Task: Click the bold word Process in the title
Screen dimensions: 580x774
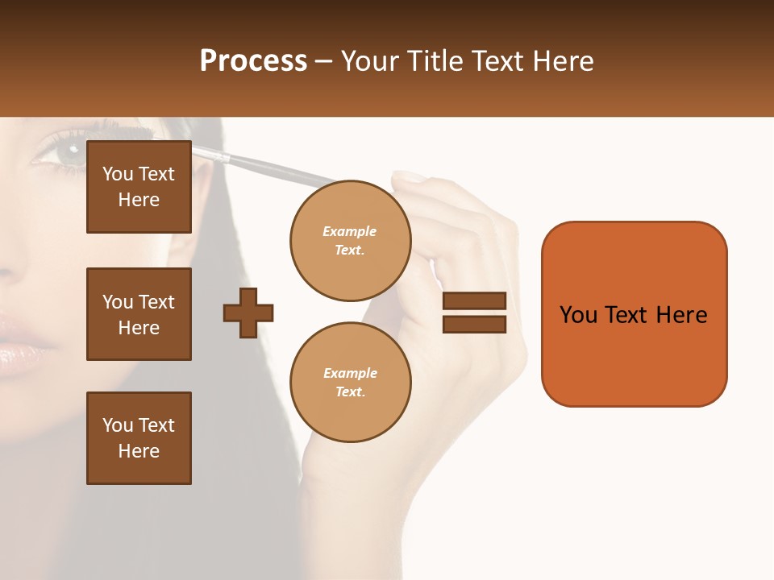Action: [253, 60]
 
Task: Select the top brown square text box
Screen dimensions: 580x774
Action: [139, 187]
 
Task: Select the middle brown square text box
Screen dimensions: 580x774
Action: [139, 314]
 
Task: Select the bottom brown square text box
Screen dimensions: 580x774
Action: [139, 437]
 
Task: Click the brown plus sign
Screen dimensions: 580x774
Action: [248, 313]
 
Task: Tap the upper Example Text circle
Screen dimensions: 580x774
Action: [350, 241]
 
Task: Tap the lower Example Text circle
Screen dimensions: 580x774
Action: [350, 382]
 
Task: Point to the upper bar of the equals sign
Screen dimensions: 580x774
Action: [474, 301]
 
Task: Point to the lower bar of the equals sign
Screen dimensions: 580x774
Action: [474, 324]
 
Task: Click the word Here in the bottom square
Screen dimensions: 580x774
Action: [139, 451]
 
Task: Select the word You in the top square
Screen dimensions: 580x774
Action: [118, 174]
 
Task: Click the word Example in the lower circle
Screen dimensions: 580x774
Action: [350, 373]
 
